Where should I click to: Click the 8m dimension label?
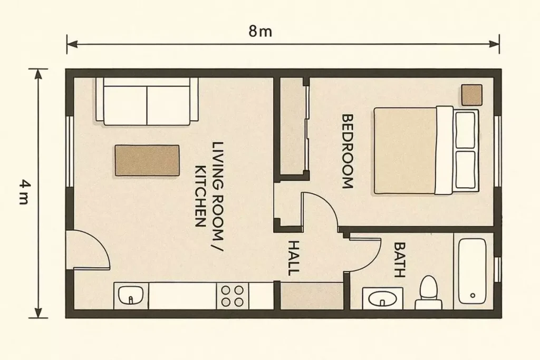point(261,31)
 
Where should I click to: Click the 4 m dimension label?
point(24,192)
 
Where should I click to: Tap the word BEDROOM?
point(347,151)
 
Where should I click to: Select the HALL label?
point(293,258)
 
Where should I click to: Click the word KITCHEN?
point(200,196)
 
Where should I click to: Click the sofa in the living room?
point(147,101)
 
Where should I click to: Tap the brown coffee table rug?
point(147,160)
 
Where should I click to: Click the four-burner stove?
point(233,296)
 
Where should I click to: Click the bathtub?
point(472,271)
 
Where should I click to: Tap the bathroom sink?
point(382,298)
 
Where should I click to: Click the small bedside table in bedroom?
point(471,95)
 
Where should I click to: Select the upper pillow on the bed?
point(465,130)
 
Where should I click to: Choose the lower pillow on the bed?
point(465,169)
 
